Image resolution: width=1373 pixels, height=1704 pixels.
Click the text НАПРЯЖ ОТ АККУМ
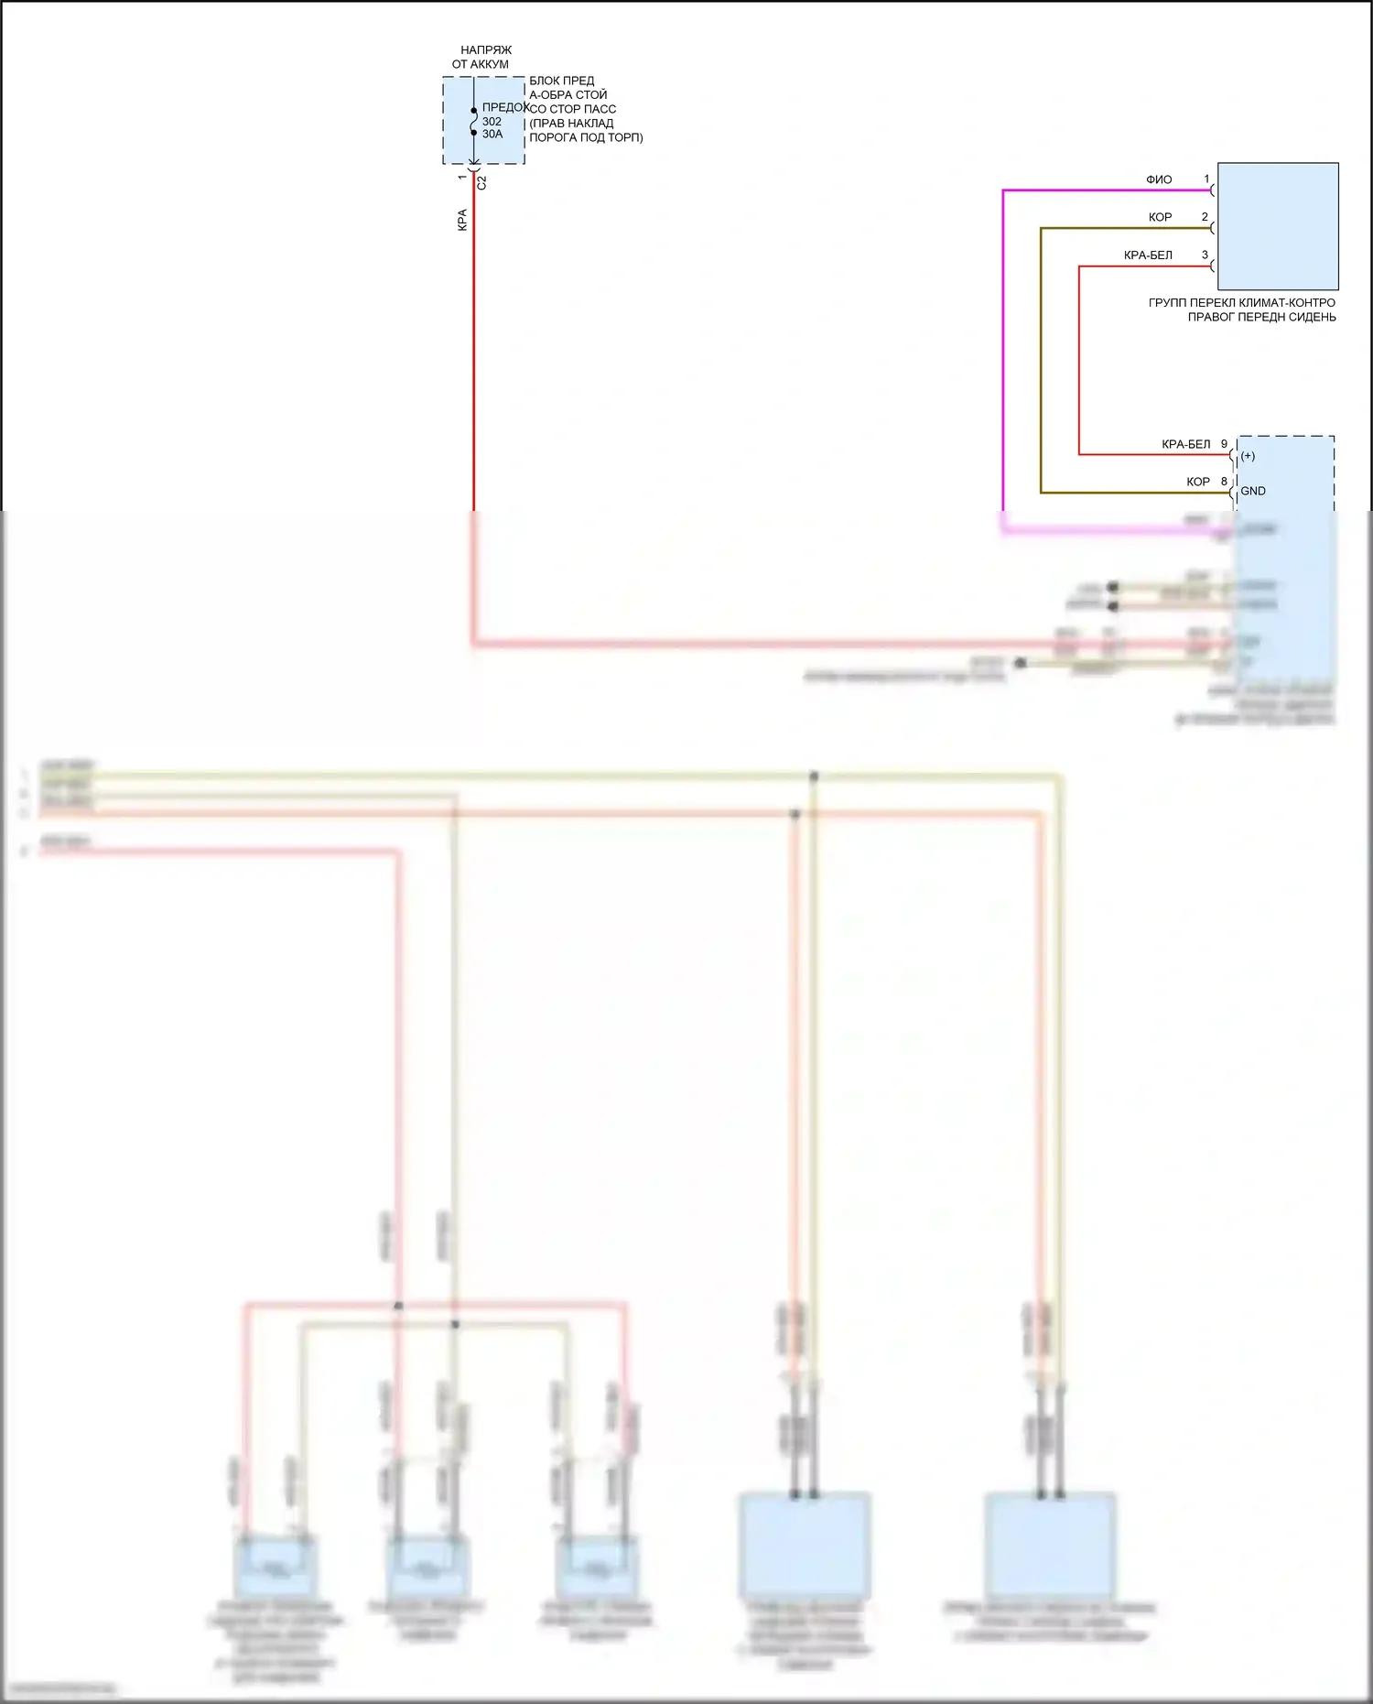(x=482, y=57)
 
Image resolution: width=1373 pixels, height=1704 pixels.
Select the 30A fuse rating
(x=492, y=135)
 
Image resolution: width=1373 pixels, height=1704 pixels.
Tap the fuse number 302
(x=492, y=122)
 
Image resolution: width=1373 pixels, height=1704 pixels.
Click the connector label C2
(x=482, y=183)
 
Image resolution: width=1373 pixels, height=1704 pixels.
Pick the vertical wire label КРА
(x=462, y=220)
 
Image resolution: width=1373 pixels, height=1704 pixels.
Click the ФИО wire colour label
(x=1159, y=180)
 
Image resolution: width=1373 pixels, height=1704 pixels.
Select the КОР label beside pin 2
(x=1160, y=218)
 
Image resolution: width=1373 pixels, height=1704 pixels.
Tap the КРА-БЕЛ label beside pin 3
(x=1148, y=255)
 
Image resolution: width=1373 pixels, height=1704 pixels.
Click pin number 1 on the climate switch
(x=1206, y=179)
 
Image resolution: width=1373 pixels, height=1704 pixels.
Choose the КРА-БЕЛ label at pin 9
(x=1185, y=445)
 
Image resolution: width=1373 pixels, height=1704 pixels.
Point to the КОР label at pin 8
(x=1197, y=483)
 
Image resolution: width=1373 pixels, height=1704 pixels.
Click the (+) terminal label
(x=1248, y=456)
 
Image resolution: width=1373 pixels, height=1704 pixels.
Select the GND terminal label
(x=1253, y=492)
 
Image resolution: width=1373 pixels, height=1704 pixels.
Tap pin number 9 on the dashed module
(x=1224, y=445)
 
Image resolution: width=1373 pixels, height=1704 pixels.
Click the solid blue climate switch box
(x=1278, y=226)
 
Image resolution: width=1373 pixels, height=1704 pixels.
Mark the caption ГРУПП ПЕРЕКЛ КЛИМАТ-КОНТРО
(x=1241, y=303)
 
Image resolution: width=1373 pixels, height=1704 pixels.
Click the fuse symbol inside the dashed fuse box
(x=474, y=122)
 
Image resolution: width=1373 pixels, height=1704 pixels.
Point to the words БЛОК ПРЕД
(x=561, y=81)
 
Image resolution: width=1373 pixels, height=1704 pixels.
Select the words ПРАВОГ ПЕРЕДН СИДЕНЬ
(x=1261, y=318)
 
